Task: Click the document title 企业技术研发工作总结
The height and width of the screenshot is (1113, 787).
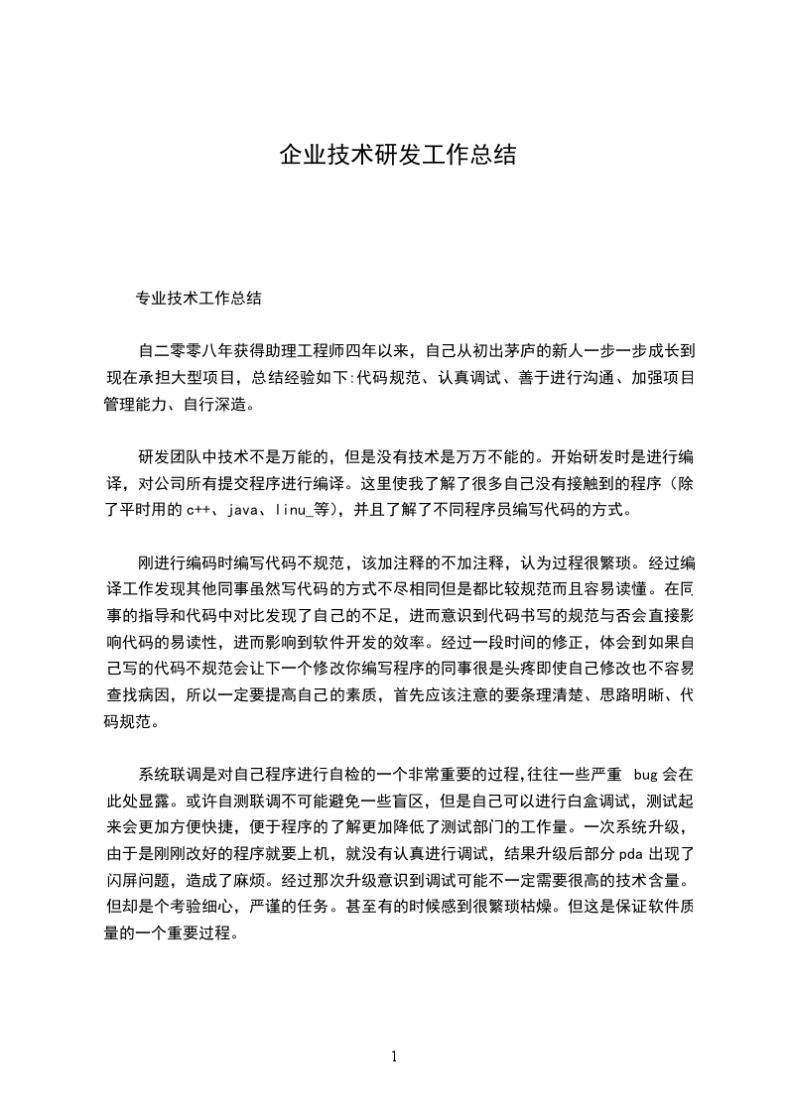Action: coord(397,156)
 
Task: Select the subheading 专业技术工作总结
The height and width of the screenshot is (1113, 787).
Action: coord(198,297)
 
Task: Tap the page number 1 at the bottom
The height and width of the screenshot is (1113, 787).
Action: coord(394,1056)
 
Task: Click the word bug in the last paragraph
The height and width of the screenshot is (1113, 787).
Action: coord(647,774)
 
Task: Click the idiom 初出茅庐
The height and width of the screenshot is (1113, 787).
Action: coord(502,350)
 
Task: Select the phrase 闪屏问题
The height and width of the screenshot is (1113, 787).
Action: coord(137,878)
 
